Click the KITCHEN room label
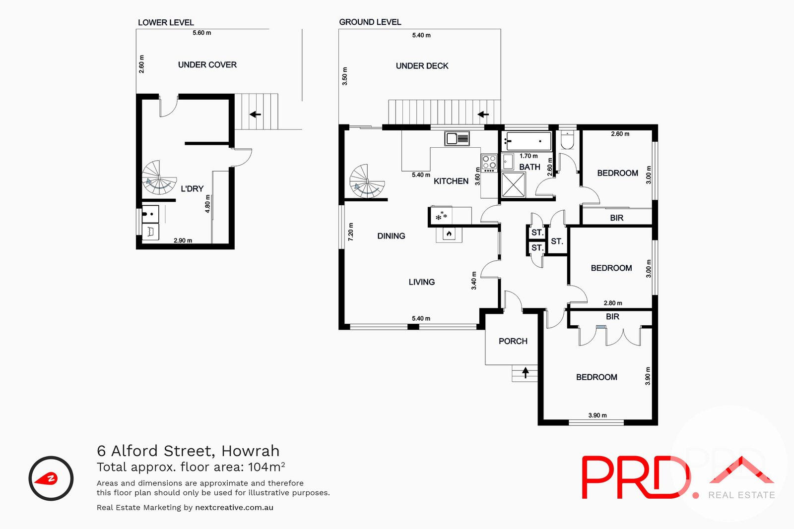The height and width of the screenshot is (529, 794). click(451, 181)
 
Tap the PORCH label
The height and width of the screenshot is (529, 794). click(513, 341)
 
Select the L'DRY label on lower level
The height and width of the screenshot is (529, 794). click(192, 189)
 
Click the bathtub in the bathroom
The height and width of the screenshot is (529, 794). click(528, 141)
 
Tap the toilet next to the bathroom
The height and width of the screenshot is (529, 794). click(567, 140)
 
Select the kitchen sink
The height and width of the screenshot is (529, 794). click(457, 138)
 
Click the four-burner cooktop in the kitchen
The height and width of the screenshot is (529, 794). click(489, 162)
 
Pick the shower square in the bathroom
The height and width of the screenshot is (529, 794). click(513, 184)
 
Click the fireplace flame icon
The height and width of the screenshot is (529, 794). click(449, 234)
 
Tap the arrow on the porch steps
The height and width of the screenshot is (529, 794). click(526, 372)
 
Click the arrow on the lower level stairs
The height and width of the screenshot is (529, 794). click(255, 115)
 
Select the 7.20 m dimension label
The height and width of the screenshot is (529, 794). click(351, 232)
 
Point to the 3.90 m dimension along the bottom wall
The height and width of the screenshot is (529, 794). click(597, 415)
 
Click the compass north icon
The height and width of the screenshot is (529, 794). click(51, 478)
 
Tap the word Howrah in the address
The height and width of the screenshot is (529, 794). click(250, 451)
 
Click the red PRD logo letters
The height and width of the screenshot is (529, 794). click(635, 477)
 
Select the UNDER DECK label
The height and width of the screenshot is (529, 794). click(422, 66)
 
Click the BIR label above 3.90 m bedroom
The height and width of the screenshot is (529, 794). click(612, 317)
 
